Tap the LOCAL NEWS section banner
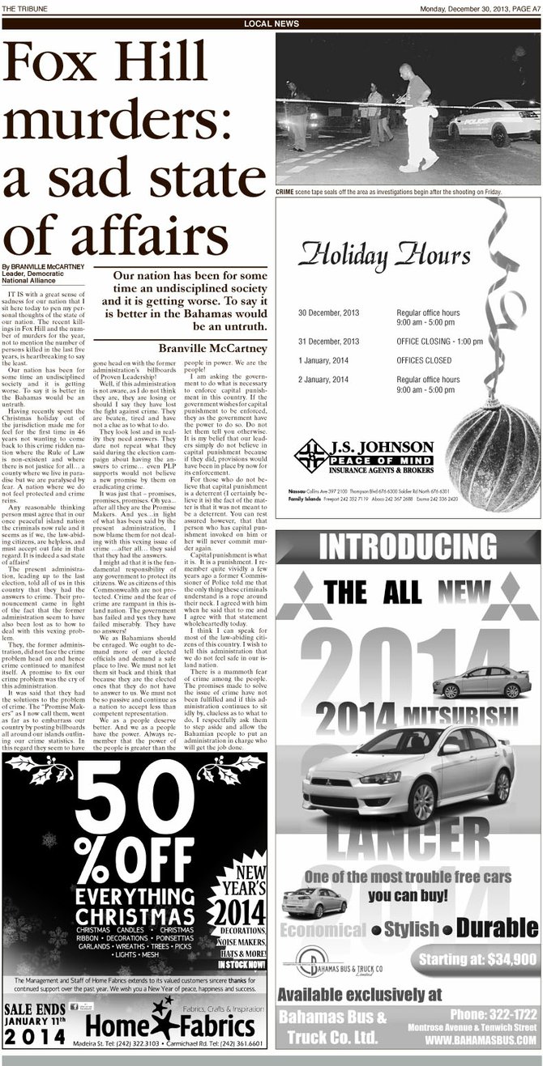[x=271, y=24]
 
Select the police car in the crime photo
[x=494, y=121]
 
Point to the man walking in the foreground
[x=417, y=118]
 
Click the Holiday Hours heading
[x=384, y=256]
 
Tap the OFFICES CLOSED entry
[x=424, y=360]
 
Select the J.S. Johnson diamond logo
[x=311, y=455]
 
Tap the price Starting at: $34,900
[x=477, y=960]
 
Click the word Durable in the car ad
[x=497, y=928]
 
